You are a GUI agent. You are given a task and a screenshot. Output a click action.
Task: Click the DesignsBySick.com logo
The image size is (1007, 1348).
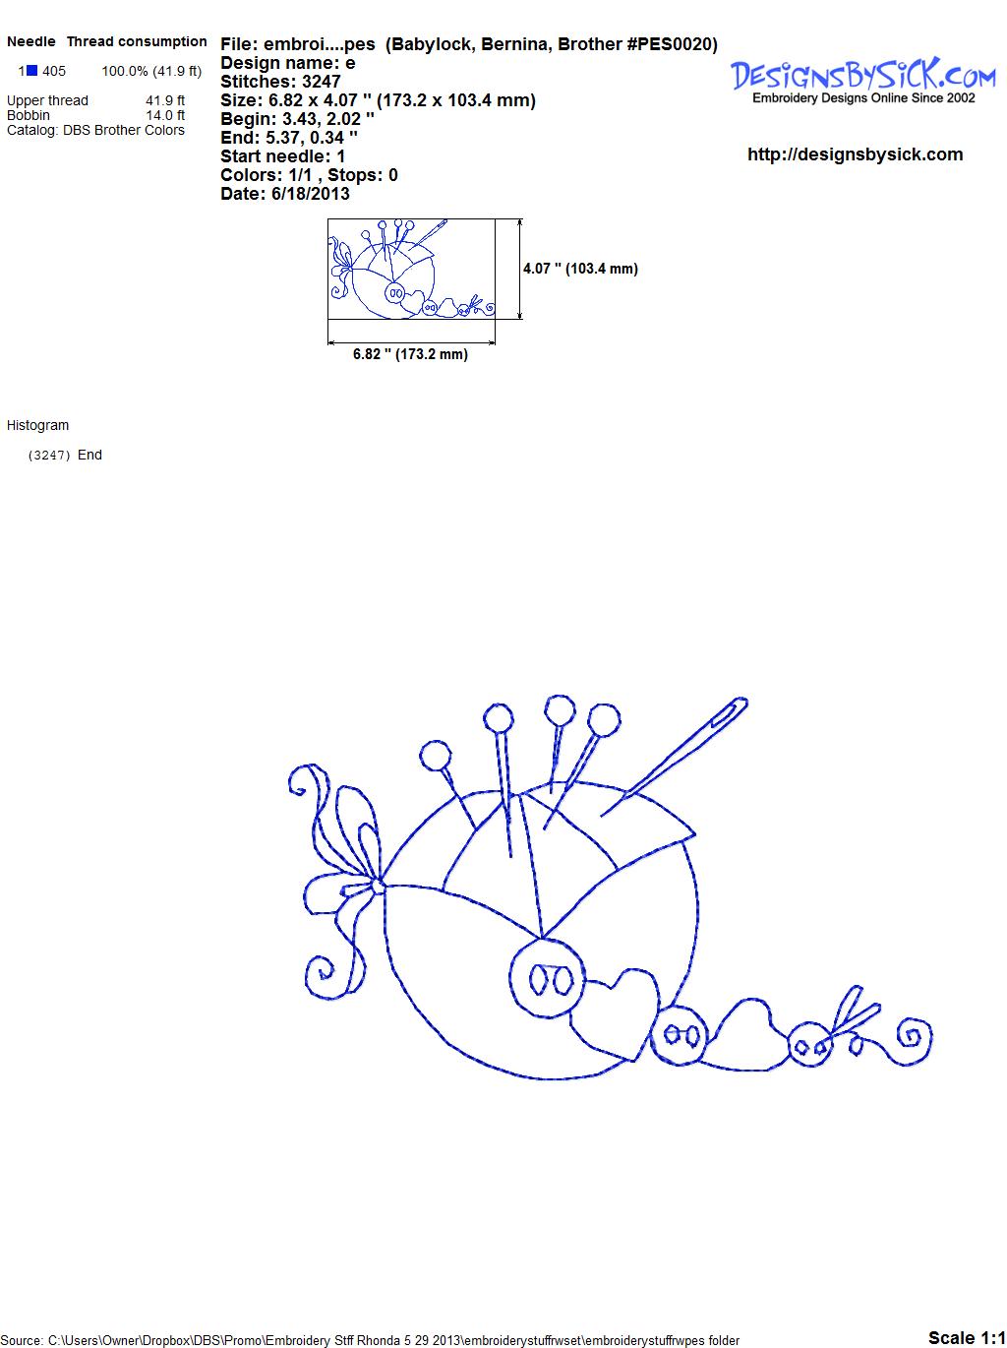(862, 81)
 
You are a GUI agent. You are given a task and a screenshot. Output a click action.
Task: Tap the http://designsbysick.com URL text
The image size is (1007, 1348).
(855, 154)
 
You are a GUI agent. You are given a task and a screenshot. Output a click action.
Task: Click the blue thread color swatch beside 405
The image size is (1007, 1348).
(31, 71)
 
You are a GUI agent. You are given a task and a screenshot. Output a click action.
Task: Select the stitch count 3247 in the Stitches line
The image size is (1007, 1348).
(321, 82)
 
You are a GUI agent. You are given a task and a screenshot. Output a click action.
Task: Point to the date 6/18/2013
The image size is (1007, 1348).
(310, 194)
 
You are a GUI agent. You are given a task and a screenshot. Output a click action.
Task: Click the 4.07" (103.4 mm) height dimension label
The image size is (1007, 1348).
(580, 269)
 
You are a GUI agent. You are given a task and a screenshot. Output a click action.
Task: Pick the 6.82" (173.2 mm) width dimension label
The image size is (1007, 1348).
(410, 354)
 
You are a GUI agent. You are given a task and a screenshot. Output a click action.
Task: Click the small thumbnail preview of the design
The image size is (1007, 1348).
(411, 269)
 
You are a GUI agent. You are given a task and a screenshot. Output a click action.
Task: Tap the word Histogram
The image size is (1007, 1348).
(37, 426)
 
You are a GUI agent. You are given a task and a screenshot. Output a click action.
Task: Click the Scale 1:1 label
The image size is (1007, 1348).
(967, 1337)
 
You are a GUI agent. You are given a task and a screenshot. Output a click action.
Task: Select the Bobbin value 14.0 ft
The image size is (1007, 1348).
(165, 115)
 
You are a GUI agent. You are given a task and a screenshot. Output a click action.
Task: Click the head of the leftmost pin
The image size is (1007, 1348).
(435, 756)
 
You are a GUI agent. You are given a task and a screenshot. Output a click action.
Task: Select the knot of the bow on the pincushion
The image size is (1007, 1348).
(378, 886)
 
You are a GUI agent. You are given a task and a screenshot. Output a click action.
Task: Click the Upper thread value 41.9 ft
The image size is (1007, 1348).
(165, 100)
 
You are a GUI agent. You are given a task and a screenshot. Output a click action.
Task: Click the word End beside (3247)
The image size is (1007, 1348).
(89, 455)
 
